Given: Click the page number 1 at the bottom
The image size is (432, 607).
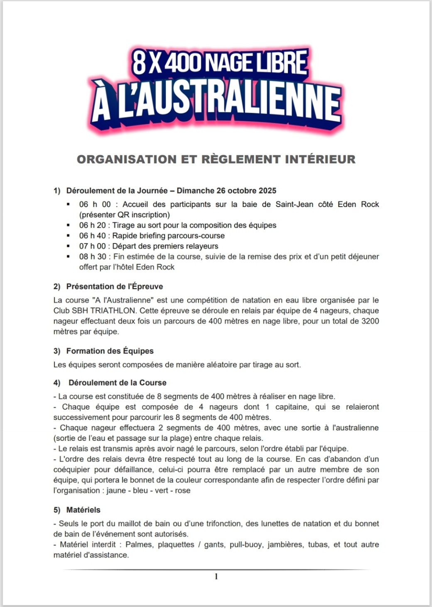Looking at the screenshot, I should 216,576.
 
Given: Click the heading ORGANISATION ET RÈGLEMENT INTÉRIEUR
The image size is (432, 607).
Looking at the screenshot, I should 216,159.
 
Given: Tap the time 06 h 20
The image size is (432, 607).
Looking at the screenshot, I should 92,225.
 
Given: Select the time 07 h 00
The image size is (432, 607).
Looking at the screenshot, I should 92,246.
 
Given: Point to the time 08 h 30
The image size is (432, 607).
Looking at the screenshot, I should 92,256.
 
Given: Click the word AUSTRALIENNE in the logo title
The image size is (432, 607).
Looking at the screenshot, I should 228,104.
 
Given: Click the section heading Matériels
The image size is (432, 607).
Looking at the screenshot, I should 83,510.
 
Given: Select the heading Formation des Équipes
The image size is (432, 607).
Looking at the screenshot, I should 110,351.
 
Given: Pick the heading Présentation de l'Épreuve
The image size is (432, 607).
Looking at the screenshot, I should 114,286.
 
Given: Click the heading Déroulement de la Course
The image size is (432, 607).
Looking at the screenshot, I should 117,383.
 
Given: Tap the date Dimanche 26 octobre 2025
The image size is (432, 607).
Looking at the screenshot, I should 226,191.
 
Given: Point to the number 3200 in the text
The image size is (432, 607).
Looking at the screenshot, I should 370,321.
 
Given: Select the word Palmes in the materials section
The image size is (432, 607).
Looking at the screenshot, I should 139,544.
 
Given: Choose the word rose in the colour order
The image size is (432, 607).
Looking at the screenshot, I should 182,490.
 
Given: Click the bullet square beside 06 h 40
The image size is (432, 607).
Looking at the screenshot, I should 68,236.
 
